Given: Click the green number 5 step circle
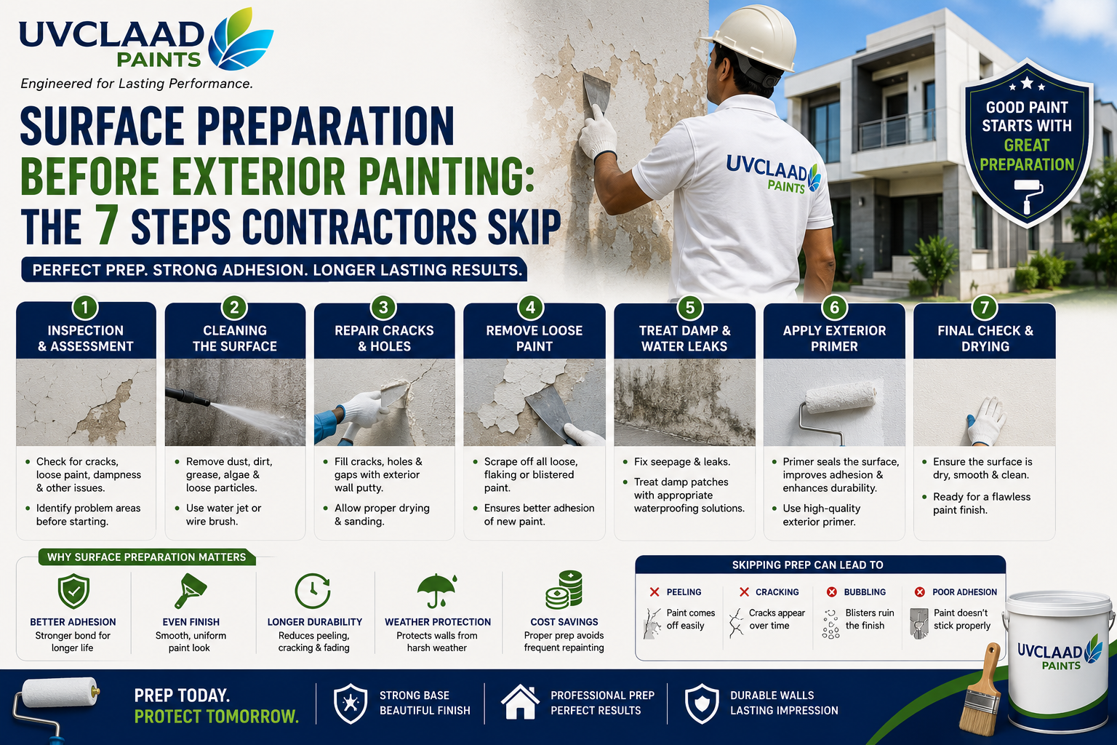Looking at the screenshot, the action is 689,307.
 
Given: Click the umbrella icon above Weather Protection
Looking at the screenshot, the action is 437,590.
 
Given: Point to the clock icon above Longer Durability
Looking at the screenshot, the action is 313,590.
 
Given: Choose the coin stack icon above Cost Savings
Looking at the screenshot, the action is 564,590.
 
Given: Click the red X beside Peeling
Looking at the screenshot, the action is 654,591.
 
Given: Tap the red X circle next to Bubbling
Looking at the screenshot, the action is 831,591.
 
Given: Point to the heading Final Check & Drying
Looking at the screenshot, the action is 985,338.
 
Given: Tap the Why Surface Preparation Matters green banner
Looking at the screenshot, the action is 147,557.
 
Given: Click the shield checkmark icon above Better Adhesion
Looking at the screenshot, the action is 73,591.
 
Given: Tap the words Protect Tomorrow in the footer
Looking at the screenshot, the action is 217,717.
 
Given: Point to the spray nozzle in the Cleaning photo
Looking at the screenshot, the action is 188,397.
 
